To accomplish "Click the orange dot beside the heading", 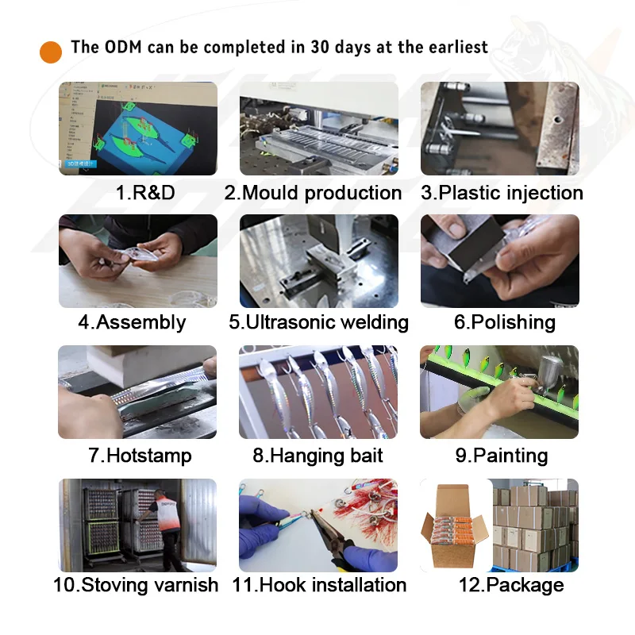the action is coord(51,52).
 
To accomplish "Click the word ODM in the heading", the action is coord(123,47).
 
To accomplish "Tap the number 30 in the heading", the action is coord(320,47).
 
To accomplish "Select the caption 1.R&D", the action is coord(145,192).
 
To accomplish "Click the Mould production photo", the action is coord(319,129).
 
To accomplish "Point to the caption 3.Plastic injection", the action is coord(502,193).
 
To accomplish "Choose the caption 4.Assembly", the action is coord(132,322).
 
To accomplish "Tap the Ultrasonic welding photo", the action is coord(319,261).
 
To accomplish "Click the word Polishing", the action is coord(513,322).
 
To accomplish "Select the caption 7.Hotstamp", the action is coord(140,455).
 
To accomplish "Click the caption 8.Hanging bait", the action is coord(318,455).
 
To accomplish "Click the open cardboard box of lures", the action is coord(454,526).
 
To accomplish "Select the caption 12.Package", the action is coord(511,585).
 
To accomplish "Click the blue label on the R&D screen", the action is coord(80,164).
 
